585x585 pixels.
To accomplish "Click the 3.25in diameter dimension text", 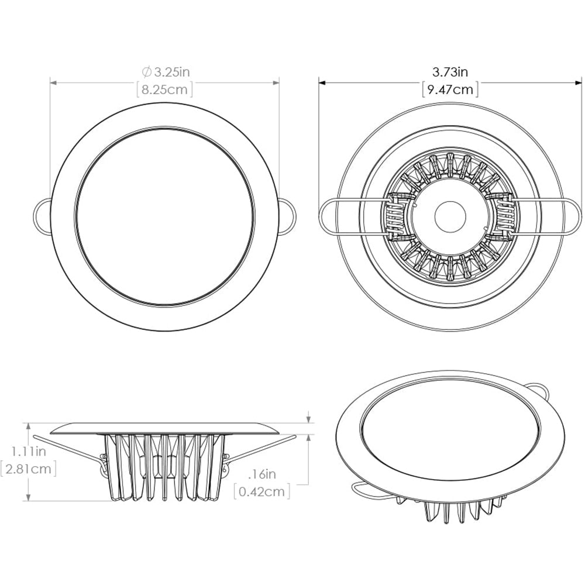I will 171,72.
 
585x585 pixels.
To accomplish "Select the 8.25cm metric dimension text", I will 164,90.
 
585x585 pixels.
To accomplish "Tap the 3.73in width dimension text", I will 450,72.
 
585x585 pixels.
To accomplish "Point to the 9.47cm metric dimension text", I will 450,90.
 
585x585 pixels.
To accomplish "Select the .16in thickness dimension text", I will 262,474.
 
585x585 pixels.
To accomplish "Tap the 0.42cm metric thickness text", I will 262,491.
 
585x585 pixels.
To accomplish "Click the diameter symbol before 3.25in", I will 147,72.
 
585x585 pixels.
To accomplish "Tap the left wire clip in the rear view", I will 351,215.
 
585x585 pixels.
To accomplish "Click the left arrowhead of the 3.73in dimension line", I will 322,82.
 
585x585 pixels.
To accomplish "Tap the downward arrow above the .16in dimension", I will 308,418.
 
